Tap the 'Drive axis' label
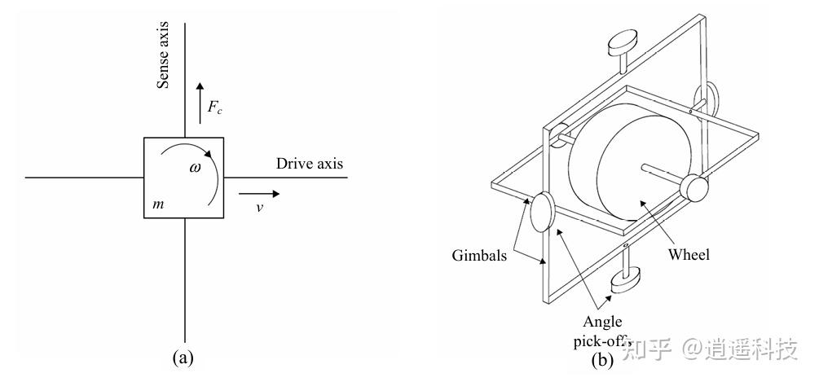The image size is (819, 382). click(x=309, y=164)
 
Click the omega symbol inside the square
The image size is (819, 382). click(x=195, y=168)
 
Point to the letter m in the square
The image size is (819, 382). click(x=159, y=204)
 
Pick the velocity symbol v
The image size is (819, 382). click(x=259, y=209)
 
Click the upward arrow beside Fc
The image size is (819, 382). click(x=200, y=103)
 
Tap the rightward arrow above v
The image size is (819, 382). click(x=259, y=194)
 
